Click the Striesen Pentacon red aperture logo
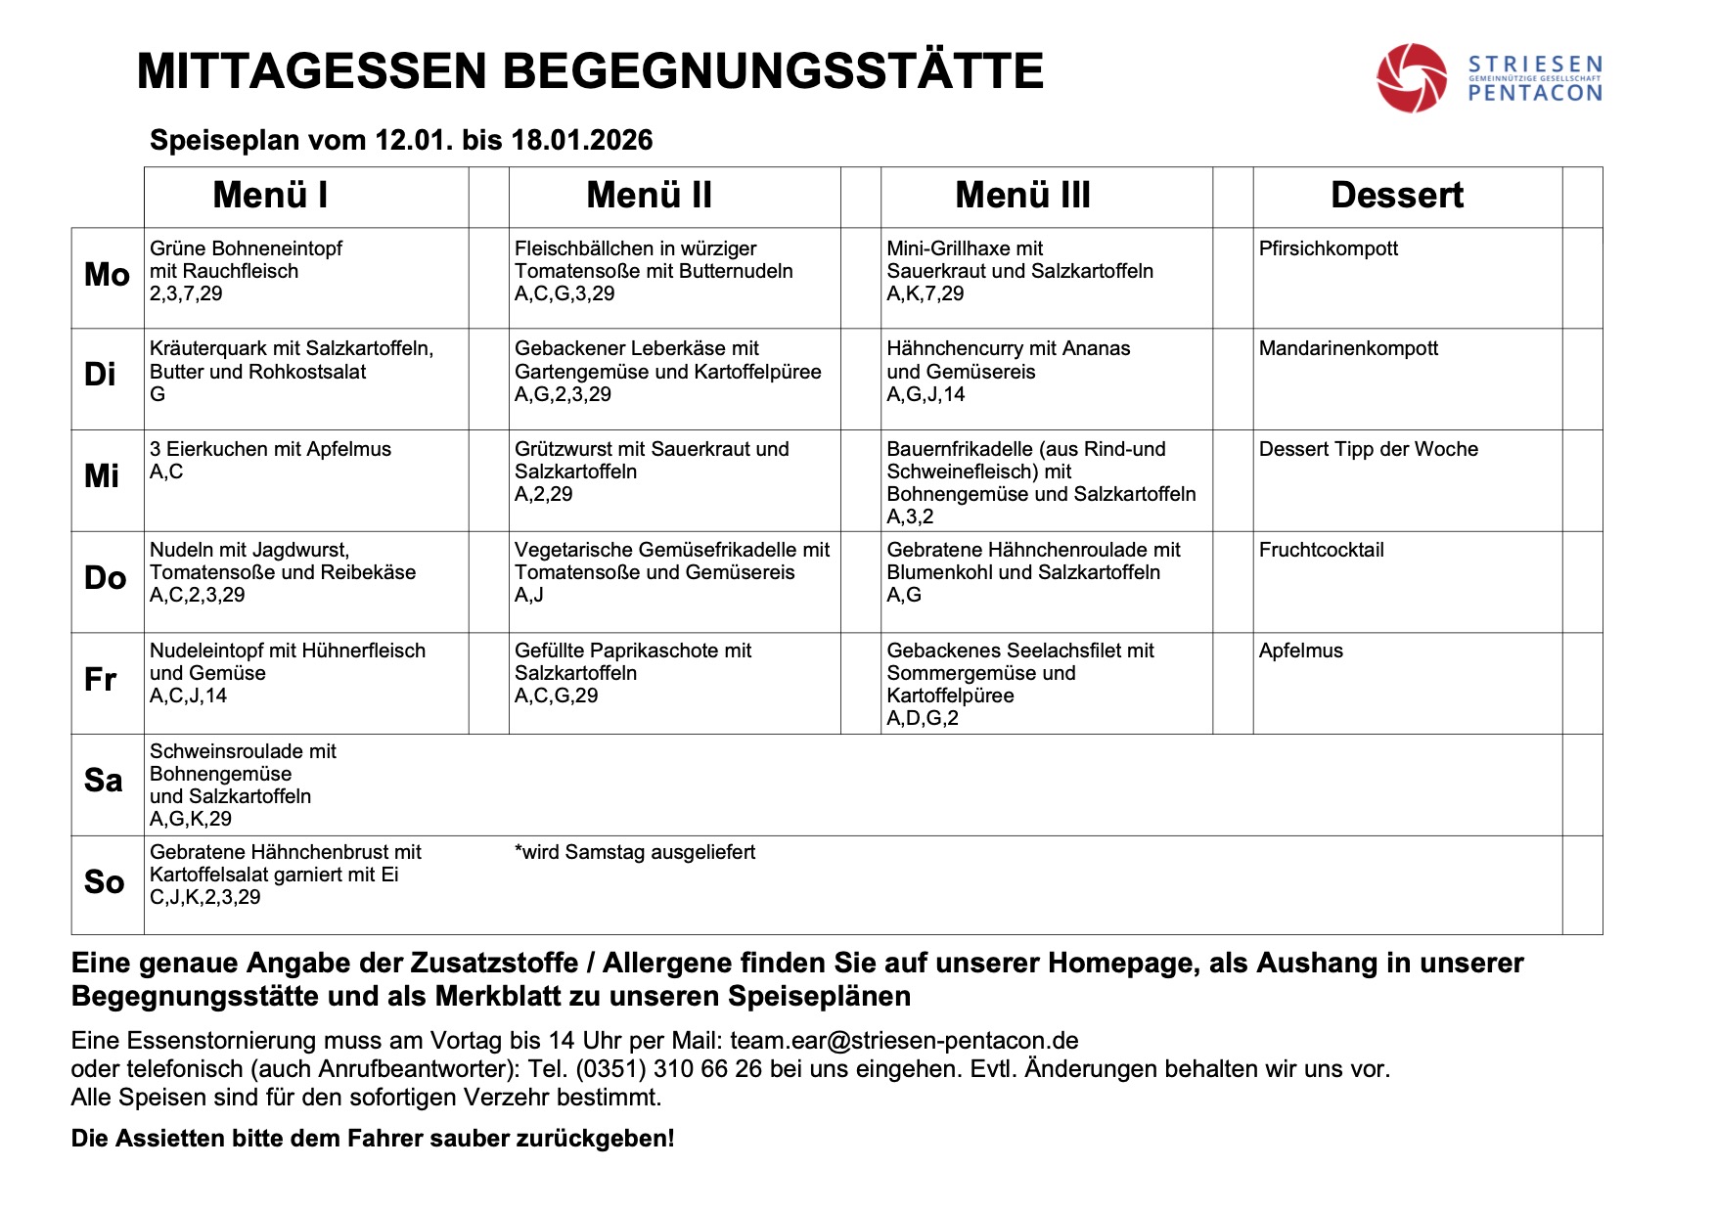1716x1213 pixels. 1411,77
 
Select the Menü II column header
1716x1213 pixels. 649,196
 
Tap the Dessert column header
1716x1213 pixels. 1396,196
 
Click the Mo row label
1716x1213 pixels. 107,275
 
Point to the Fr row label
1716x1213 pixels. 101,679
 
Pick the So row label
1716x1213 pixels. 104,882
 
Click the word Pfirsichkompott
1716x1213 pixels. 1328,248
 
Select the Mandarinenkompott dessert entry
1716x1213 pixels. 1348,348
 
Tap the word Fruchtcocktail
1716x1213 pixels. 1321,550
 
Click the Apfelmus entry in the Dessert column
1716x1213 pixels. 1300,651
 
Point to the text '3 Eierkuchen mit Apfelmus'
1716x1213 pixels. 270,449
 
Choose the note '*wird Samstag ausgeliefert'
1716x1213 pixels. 635,852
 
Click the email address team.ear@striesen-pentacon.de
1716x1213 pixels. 904,1040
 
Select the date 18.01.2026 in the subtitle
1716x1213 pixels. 581,140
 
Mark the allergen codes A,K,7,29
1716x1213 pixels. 925,293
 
